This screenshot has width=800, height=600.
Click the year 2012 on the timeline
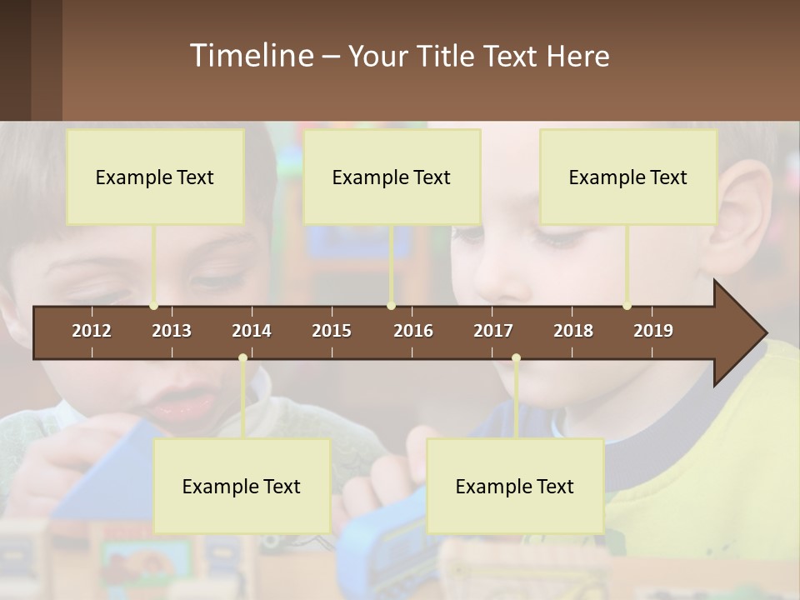pos(92,331)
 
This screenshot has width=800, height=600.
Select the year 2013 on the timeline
pos(172,331)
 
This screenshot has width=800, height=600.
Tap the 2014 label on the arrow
pos(252,331)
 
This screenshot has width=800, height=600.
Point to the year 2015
pos(332,331)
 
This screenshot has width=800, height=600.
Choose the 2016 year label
pos(413,331)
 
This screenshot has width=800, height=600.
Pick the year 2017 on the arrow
pos(493,331)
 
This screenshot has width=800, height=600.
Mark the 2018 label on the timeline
pos(573,331)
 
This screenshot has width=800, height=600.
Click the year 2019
pos(653,331)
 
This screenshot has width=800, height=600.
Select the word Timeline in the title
pos(250,56)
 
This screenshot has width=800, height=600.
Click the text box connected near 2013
pos(155,177)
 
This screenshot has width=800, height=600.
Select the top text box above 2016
pos(392,177)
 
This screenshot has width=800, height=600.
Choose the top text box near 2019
pos(628,177)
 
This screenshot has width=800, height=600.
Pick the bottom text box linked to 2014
pos(242,486)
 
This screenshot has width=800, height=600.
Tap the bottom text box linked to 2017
pos(515,486)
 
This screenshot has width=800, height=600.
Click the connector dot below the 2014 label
pos(242,358)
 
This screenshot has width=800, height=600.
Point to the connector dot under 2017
pos(516,358)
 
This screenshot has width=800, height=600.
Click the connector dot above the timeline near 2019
pos(627,306)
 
